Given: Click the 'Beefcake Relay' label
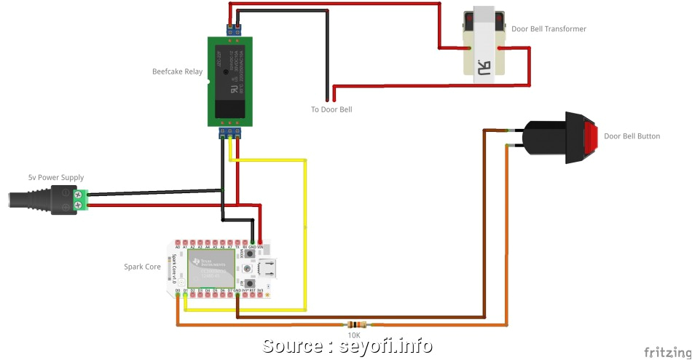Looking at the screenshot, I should click(x=177, y=71).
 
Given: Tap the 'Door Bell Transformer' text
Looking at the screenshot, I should click(x=549, y=29).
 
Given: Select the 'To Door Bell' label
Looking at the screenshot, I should click(x=331, y=109).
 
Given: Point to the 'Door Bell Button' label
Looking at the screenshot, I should click(x=632, y=136).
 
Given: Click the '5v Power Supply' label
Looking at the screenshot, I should click(x=56, y=177).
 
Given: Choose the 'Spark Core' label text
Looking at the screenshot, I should click(x=142, y=267).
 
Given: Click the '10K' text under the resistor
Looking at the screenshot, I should click(x=353, y=335).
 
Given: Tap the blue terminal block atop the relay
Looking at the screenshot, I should click(x=234, y=30).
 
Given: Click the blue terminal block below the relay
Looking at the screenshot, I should click(x=230, y=133).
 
